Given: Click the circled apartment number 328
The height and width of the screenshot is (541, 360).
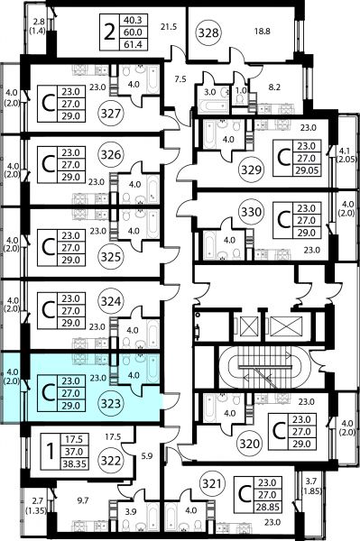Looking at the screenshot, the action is [209, 32].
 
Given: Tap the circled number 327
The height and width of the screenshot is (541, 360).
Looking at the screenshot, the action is [111, 114].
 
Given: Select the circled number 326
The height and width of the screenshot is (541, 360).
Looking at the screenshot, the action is [111, 154].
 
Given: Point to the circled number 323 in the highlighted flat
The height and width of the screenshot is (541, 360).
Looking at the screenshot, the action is [111, 403].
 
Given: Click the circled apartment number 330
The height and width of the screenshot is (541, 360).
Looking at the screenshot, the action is [251, 211].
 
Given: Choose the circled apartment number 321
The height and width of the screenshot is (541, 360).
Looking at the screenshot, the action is [212, 483].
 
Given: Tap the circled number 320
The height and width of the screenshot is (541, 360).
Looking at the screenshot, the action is [250, 444].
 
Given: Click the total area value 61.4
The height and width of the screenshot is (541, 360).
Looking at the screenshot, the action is [133, 44].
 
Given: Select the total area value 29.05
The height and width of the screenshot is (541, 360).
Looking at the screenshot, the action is [307, 170].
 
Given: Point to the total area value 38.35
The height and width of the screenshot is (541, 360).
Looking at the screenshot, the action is [74, 464].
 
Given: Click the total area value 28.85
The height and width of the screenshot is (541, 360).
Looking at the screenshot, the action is [268, 507].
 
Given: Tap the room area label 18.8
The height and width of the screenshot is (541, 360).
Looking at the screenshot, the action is [263, 32].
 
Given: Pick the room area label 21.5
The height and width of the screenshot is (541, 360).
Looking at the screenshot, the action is [169, 26].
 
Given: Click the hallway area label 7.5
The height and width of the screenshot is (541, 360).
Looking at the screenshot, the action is [180, 79].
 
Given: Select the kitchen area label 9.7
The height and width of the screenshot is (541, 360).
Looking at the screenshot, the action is [83, 500].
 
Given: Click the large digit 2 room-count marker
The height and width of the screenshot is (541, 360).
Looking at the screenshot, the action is [109, 32].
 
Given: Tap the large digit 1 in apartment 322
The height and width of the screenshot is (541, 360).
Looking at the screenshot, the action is [51, 452].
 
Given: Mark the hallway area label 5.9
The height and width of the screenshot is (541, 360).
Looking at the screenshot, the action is [147, 456].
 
